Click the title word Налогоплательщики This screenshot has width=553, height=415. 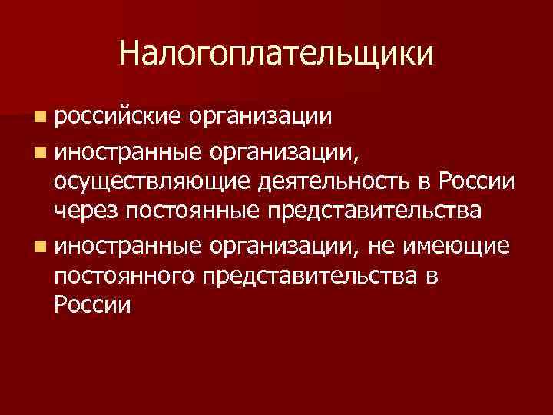(276, 55)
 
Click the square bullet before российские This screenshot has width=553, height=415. (39, 117)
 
